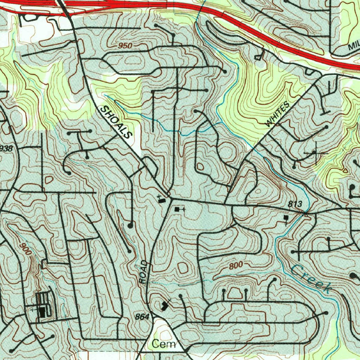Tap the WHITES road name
pyautogui.click(x=278, y=114)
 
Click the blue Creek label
pyautogui.click(x=311, y=279)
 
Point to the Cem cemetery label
pyautogui.click(x=163, y=344)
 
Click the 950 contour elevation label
pyautogui.click(x=125, y=46)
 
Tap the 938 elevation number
pyautogui.click(x=6, y=149)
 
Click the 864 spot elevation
pyautogui.click(x=142, y=317)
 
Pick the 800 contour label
pyautogui.click(x=236, y=266)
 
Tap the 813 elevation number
pyautogui.click(x=295, y=204)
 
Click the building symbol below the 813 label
pyautogui.click(x=286, y=218)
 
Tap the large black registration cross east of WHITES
pyautogui.click(x=315, y=153)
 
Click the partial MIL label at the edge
pyautogui.click(x=354, y=46)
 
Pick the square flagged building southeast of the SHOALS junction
pyautogui.click(x=177, y=209)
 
